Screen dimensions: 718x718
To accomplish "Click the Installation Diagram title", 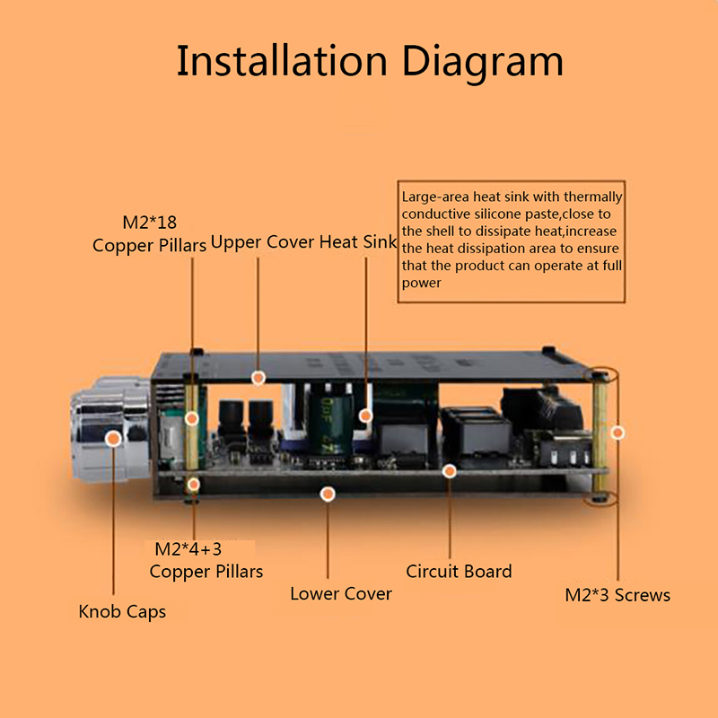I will click(x=369, y=61).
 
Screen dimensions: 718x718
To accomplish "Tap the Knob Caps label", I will click(x=122, y=612).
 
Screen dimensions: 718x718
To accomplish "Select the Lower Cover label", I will click(x=341, y=593).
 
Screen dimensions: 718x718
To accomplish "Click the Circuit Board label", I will click(x=459, y=571).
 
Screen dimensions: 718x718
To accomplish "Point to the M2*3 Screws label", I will click(x=617, y=594).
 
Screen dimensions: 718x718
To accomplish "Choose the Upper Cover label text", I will click(x=262, y=241).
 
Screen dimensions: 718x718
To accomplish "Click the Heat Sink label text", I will click(x=358, y=241).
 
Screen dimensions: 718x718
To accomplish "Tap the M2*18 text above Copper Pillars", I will click(x=152, y=222).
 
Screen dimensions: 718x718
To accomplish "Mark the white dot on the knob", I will click(x=114, y=439).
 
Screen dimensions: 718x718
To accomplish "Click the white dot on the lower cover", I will click(x=328, y=494).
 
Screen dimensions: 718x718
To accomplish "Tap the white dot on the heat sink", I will click(x=365, y=416).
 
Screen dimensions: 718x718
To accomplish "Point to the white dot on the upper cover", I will click(x=258, y=378).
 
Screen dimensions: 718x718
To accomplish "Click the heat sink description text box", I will click(x=512, y=241).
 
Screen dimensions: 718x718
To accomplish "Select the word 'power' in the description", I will click(x=422, y=283).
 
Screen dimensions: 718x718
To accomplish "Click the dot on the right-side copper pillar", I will click(x=617, y=433).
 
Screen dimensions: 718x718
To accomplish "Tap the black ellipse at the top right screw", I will click(x=603, y=374).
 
